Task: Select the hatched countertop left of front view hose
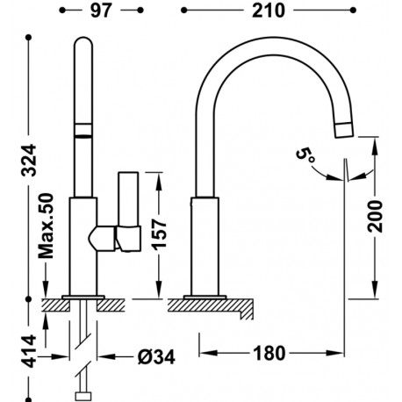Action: coord(58,305)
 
